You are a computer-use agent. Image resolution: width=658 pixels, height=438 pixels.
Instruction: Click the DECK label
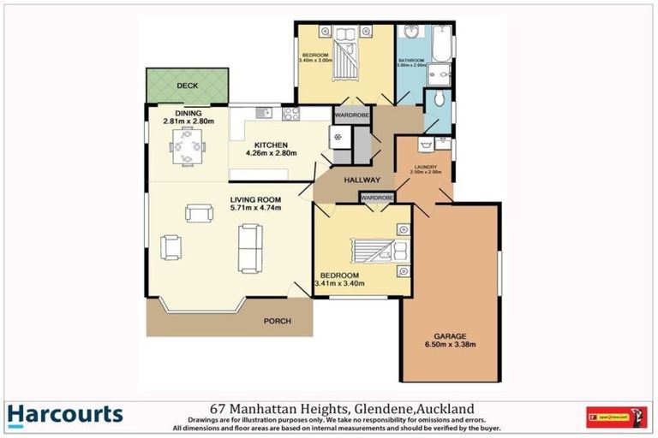click(x=187, y=86)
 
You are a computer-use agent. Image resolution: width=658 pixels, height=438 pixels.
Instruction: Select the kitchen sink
click(x=261, y=112)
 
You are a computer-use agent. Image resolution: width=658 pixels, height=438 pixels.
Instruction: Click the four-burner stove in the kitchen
click(x=290, y=112)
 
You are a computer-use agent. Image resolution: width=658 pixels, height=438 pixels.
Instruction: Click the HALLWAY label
click(x=362, y=181)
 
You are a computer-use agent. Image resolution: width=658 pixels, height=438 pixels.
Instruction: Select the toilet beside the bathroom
click(x=439, y=98)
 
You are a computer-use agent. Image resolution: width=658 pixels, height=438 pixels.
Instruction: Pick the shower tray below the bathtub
click(x=440, y=74)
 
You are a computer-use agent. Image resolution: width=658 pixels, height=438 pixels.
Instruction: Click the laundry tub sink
click(x=424, y=145)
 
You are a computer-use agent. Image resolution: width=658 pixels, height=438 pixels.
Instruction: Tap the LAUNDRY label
click(x=427, y=167)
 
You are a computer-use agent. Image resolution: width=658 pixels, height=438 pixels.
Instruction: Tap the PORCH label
click(x=278, y=322)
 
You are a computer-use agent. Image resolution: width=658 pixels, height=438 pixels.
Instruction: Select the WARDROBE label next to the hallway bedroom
click(x=377, y=198)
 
